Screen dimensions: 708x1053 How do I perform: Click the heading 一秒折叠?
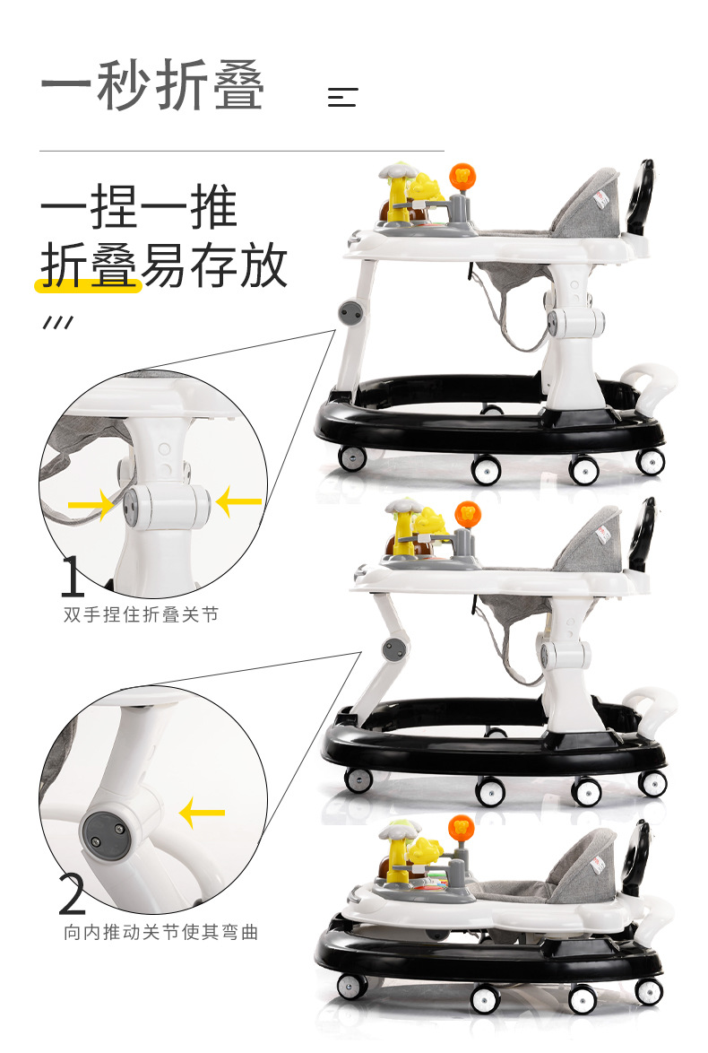click(152, 84)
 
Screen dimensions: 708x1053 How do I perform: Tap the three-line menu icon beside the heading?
click(342, 98)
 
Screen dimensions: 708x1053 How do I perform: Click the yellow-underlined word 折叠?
click(89, 265)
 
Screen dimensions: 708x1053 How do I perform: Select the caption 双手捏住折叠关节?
click(141, 614)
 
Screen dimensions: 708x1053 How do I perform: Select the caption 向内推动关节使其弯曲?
click(161, 932)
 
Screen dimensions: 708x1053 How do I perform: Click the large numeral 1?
click(73, 576)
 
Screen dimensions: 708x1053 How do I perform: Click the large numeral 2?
click(73, 894)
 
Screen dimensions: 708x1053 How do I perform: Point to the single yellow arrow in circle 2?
click(202, 814)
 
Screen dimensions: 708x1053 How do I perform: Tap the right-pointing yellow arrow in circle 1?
click(91, 504)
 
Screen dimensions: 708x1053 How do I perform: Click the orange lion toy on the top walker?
click(462, 178)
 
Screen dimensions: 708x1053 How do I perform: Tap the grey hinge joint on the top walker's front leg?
click(350, 313)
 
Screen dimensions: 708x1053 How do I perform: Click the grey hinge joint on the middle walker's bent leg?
click(394, 649)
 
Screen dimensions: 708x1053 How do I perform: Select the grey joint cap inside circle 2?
click(104, 832)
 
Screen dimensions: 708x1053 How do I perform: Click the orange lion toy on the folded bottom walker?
click(462, 828)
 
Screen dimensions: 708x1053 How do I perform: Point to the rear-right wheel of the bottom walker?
click(649, 992)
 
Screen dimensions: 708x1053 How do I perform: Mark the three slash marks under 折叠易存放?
click(57, 322)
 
